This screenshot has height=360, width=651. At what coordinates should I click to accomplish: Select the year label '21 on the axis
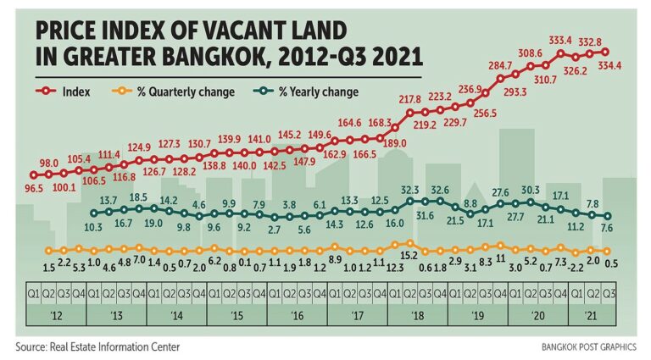click(598, 314)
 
